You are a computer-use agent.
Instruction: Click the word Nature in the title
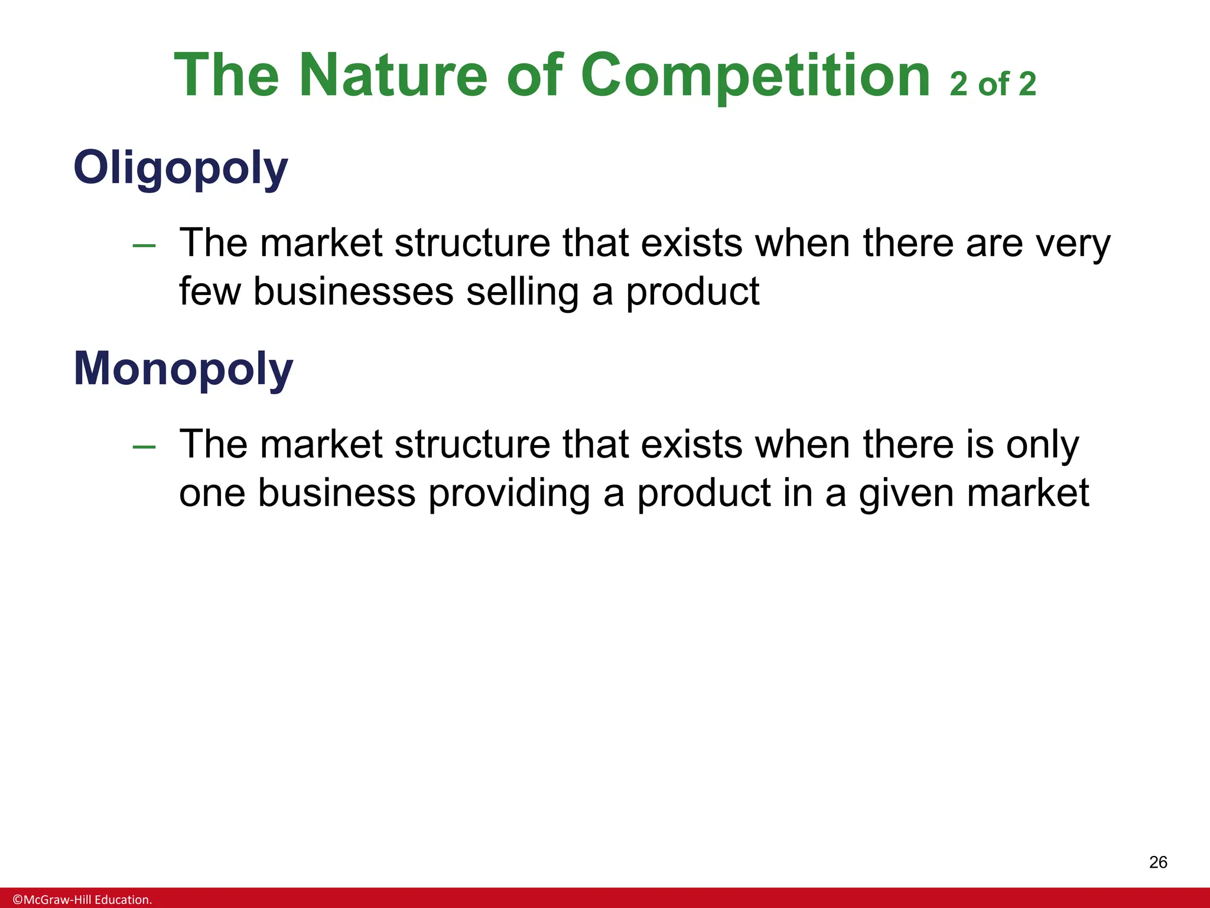pos(393,76)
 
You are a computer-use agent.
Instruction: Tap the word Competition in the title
pos(756,76)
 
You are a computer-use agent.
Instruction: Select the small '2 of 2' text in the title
pos(993,84)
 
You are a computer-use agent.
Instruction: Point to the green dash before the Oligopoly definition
pos(144,245)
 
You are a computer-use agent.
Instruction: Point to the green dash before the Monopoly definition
pos(144,447)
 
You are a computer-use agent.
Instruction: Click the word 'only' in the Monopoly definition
pos(1043,445)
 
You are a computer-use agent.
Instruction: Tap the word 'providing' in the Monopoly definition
pos(509,494)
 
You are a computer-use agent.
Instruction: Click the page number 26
pos(1158,862)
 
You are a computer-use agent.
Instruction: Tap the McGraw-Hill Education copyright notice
pos(83,900)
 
